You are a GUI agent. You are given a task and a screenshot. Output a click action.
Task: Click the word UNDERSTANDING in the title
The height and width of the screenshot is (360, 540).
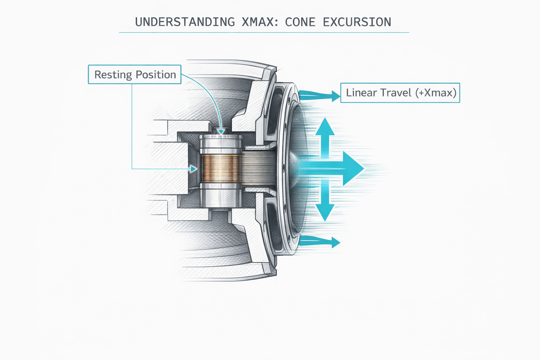point(185,22)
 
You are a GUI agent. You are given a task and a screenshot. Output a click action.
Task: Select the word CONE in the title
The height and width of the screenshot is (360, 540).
point(300,22)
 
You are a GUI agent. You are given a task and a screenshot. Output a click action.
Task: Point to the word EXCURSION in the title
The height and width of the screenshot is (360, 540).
point(357,22)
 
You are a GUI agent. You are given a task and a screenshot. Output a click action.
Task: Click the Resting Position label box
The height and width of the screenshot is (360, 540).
point(135,75)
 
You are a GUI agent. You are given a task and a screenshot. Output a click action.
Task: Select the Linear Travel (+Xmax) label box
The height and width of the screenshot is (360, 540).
point(400,93)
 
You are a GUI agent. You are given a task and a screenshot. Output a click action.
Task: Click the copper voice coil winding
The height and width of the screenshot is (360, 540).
point(220,169)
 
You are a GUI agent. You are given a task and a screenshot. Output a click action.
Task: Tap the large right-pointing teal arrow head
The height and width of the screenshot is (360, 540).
point(353,169)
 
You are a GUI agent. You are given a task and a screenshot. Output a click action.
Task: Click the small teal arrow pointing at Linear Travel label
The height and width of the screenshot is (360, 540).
point(335,95)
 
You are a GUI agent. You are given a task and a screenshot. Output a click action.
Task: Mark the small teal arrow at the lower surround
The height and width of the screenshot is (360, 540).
point(335,242)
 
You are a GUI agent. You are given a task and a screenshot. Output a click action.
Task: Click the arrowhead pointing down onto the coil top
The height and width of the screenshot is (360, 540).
point(221,132)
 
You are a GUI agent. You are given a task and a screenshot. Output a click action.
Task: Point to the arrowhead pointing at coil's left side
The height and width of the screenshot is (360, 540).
point(193,169)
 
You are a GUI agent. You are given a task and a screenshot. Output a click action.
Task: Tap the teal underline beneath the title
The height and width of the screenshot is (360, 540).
point(264,32)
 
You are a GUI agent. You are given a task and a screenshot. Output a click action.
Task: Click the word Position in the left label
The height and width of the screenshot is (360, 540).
point(156,75)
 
